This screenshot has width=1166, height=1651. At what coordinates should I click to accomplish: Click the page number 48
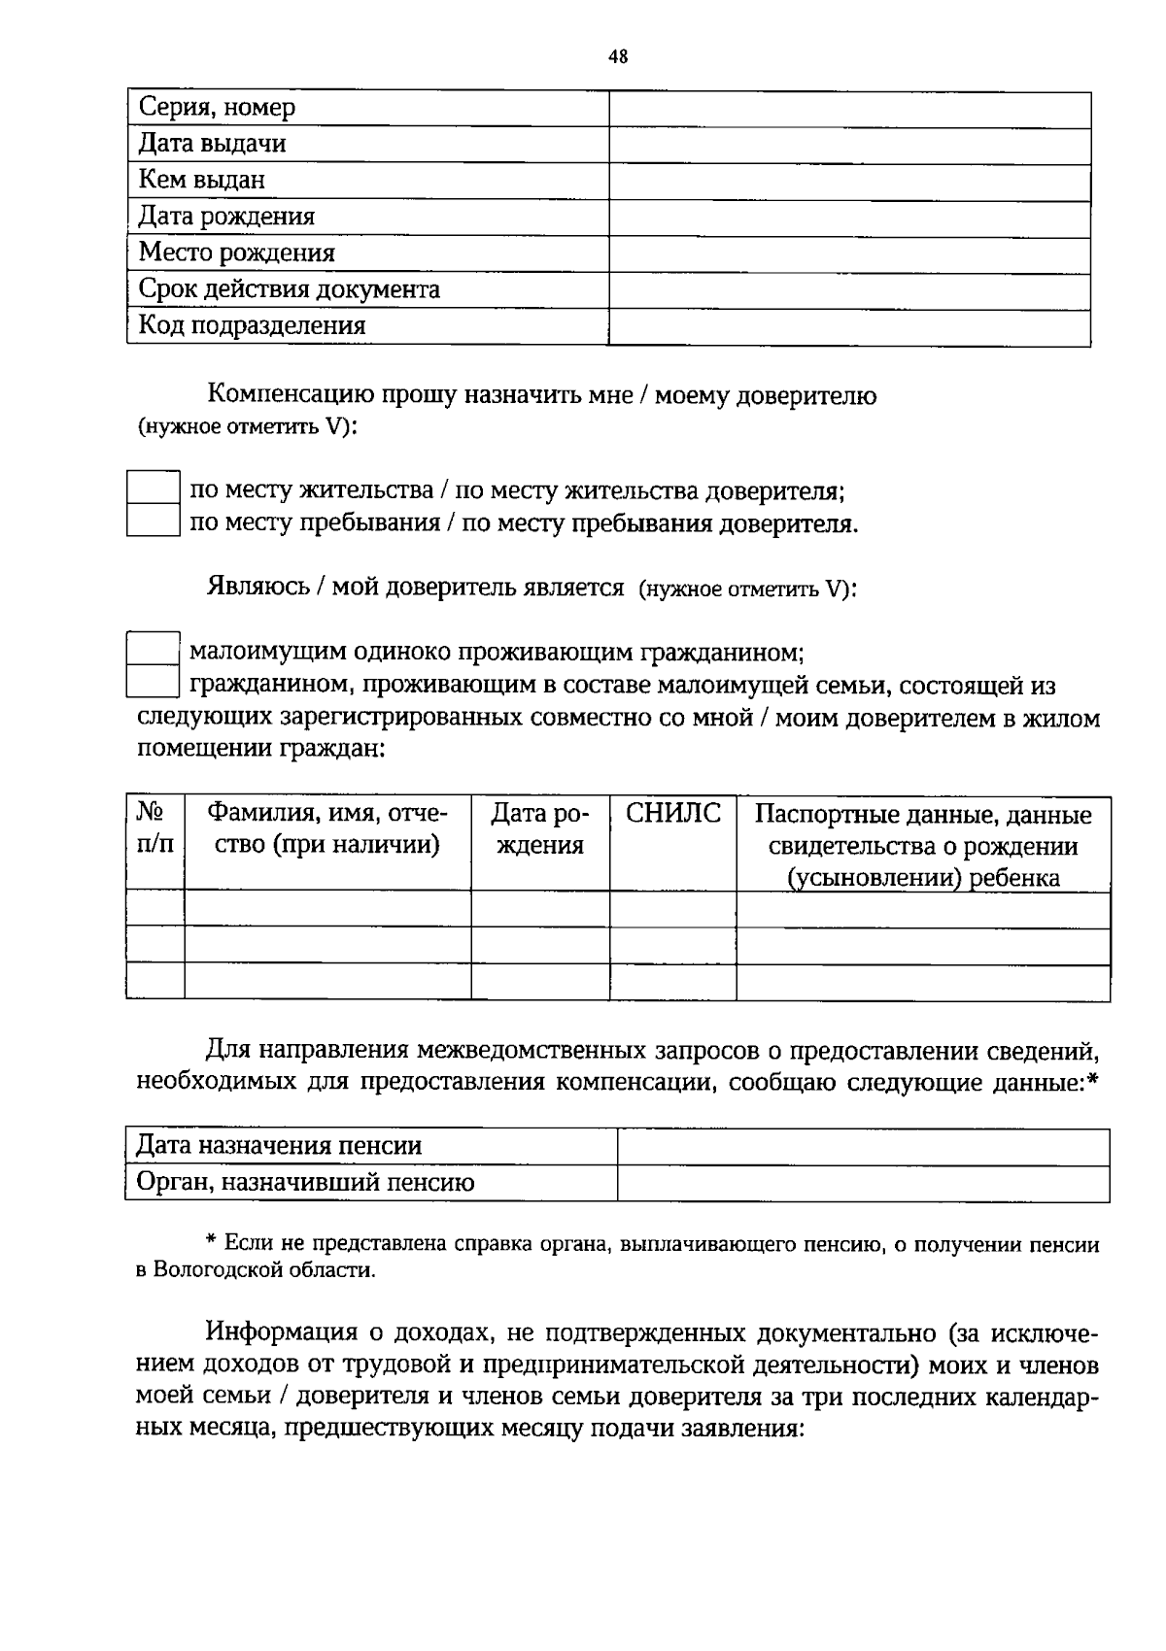pos(618,56)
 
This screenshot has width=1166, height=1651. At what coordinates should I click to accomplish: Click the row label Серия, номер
pos(217,108)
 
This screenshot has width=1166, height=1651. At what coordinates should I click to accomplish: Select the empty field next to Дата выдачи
pos(849,145)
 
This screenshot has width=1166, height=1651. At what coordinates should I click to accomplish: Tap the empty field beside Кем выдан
pos(849,182)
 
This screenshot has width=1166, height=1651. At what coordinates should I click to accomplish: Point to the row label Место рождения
pos(236,253)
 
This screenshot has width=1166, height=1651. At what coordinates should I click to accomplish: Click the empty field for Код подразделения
pos(849,326)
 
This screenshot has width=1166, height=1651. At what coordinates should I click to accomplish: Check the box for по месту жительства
pos(154,487)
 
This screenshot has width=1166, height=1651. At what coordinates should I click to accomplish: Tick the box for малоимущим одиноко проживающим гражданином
pos(154,648)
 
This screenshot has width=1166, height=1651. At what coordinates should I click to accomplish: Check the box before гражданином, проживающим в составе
pos(154,682)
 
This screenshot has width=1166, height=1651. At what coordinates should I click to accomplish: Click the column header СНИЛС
pos(672,814)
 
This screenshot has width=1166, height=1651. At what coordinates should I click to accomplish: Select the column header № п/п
pos(155,827)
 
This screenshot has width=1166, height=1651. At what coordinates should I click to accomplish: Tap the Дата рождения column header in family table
pos(540,828)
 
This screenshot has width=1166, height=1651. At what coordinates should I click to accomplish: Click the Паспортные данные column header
pos(923,845)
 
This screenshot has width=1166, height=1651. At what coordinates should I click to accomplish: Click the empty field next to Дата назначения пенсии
pos(863,1147)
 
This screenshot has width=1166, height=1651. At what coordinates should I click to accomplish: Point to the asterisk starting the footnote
pos(211,1243)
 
